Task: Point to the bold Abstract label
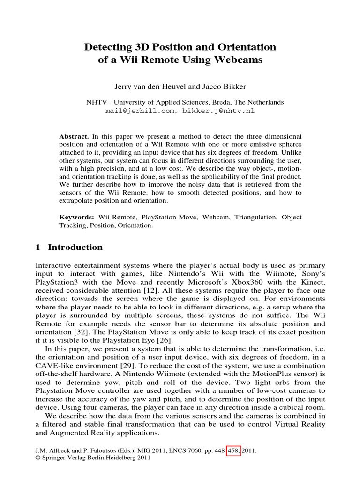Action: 74,136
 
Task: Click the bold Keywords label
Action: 76,217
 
